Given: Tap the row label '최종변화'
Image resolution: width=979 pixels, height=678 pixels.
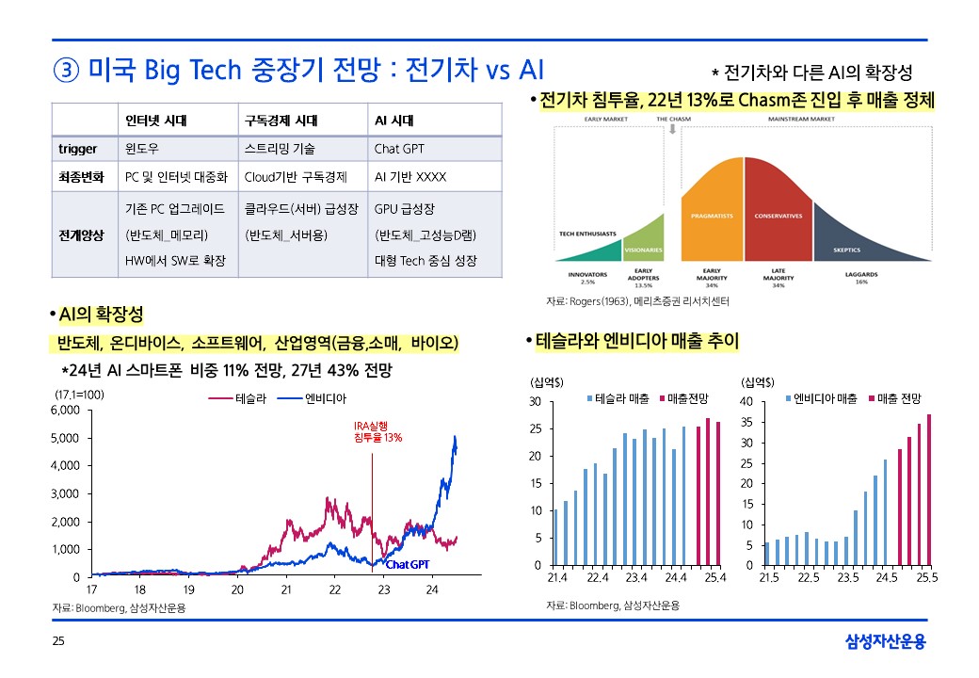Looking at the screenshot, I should click(81, 176).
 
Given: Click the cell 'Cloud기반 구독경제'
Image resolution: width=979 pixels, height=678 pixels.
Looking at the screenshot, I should click(296, 176).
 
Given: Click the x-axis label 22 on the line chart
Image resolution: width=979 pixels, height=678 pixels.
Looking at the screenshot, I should click(335, 589).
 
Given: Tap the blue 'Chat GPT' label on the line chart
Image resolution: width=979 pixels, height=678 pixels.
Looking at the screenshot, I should click(408, 564).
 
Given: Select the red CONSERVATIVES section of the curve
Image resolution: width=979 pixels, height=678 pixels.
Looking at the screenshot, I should click(778, 216).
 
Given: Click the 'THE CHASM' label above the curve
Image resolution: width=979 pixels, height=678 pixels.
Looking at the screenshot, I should click(674, 120).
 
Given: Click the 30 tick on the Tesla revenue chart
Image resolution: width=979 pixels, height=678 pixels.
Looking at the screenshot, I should click(536, 402).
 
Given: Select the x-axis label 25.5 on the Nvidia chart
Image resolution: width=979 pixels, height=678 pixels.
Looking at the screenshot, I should click(927, 578).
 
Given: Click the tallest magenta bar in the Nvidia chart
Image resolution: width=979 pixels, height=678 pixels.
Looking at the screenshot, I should click(929, 490).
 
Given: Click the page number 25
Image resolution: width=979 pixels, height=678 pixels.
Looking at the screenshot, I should click(58, 642).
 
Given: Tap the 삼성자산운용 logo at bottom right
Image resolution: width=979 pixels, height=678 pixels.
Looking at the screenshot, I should click(885, 642).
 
